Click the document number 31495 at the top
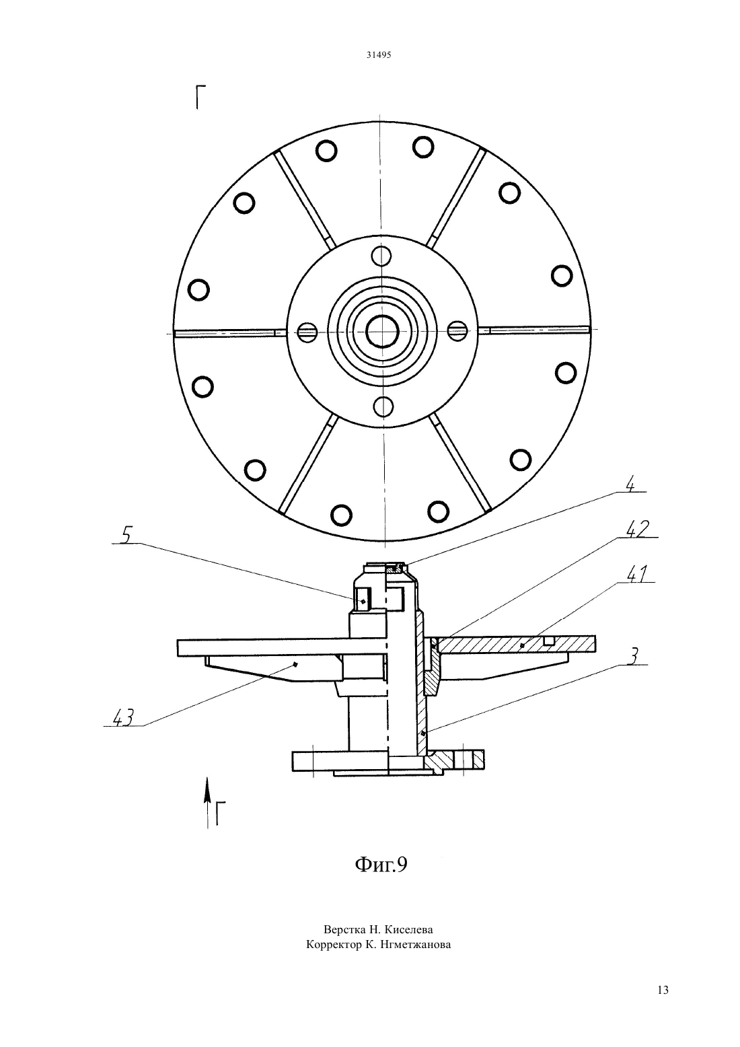coord(379,55)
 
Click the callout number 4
coord(630,485)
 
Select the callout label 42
coord(638,530)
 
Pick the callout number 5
coord(125,536)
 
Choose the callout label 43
coord(124,717)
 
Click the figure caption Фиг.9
coord(381,864)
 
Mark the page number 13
coord(663,990)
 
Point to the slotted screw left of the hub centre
coord(307,332)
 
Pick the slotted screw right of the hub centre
coord(457,331)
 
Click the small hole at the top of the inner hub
coord(381,256)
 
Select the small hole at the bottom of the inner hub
coord(383,406)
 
